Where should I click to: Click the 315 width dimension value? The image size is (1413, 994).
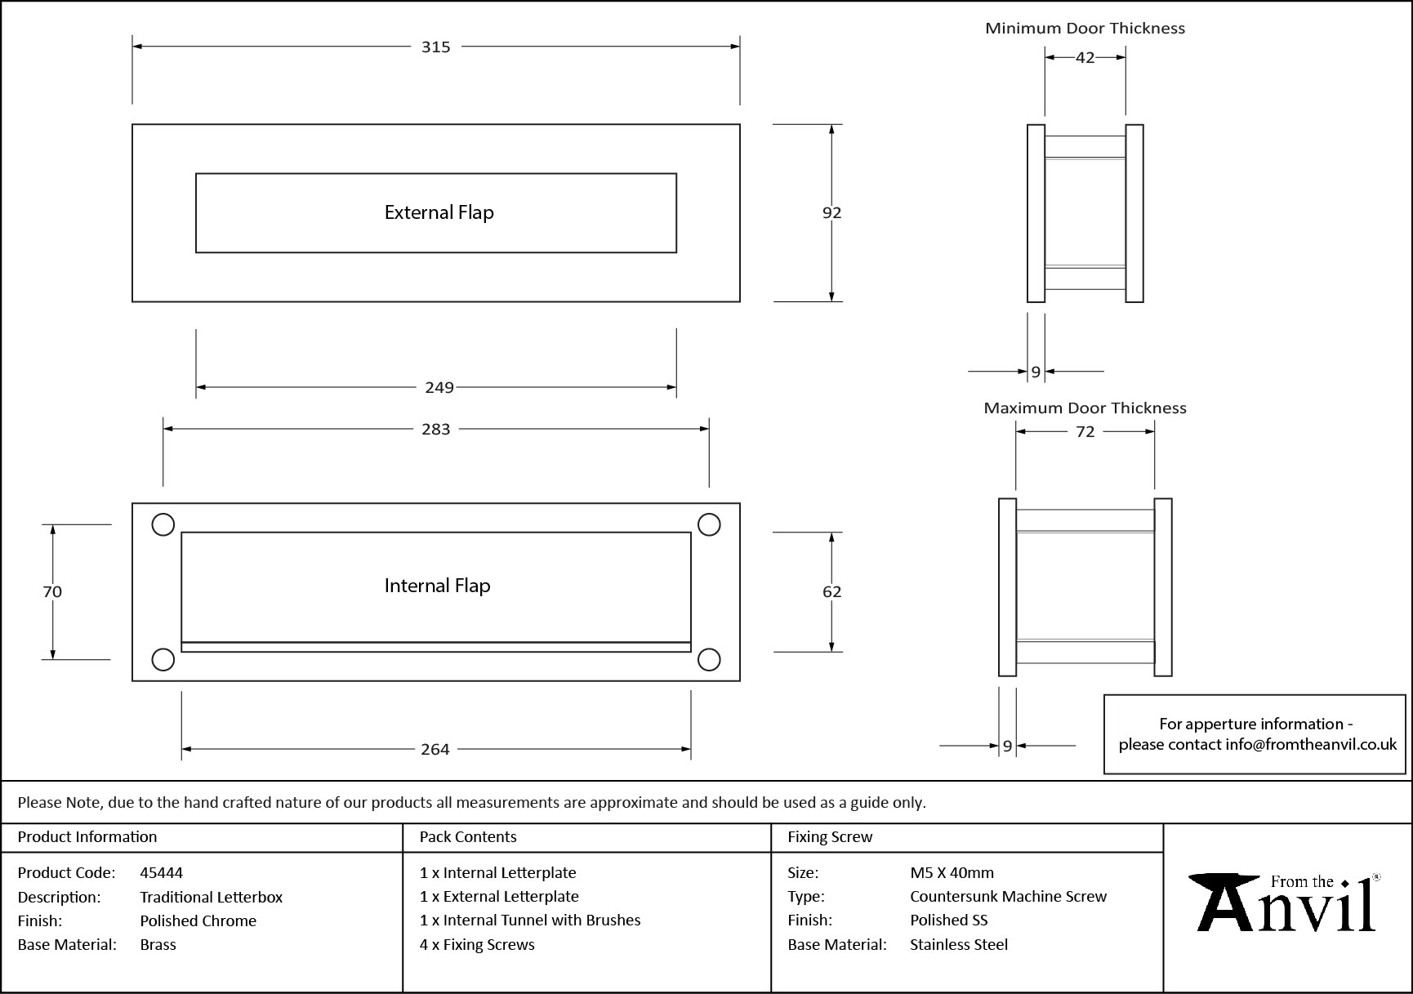[x=435, y=47]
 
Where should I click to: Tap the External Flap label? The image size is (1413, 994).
[x=439, y=213]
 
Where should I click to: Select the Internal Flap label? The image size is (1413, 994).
[x=437, y=586]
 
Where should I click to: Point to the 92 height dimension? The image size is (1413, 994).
[x=831, y=212]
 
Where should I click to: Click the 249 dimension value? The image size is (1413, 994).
[x=439, y=387]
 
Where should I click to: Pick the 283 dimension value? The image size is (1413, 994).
[x=435, y=430]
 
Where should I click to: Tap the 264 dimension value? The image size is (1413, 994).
[x=435, y=749]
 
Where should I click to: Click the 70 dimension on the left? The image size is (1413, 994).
[x=52, y=591]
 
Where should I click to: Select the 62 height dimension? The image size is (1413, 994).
[x=831, y=591]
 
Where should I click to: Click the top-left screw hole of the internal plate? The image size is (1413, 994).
[x=163, y=524]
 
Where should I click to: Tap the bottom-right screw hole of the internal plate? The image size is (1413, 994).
[x=709, y=659]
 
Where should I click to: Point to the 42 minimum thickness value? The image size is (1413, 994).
[x=1085, y=57]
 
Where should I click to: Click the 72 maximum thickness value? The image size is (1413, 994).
[x=1085, y=431]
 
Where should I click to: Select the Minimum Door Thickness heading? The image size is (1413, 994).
[x=1085, y=29]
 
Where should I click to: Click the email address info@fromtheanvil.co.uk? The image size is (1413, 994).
[x=1310, y=745]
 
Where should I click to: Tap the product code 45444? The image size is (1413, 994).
[x=162, y=872]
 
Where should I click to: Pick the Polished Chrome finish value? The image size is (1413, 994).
[x=198, y=920]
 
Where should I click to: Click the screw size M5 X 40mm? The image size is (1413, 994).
[x=952, y=872]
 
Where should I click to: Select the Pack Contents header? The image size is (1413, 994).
[x=468, y=837]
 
